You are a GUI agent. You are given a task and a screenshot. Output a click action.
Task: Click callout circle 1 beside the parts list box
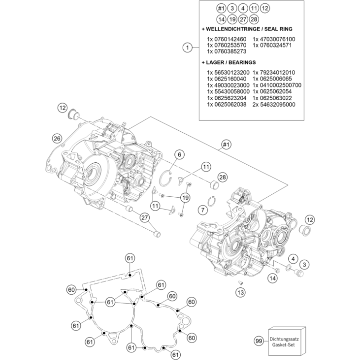(x=186, y=47)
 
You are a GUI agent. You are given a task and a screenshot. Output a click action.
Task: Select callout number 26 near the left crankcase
(x=57, y=138)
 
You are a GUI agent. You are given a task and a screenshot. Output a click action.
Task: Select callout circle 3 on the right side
(x=304, y=264)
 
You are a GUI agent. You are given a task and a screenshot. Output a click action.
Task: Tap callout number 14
(x=273, y=278)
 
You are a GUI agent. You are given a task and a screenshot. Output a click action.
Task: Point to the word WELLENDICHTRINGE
(x=233, y=29)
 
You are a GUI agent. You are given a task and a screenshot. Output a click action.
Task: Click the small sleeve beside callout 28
(x=212, y=185)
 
